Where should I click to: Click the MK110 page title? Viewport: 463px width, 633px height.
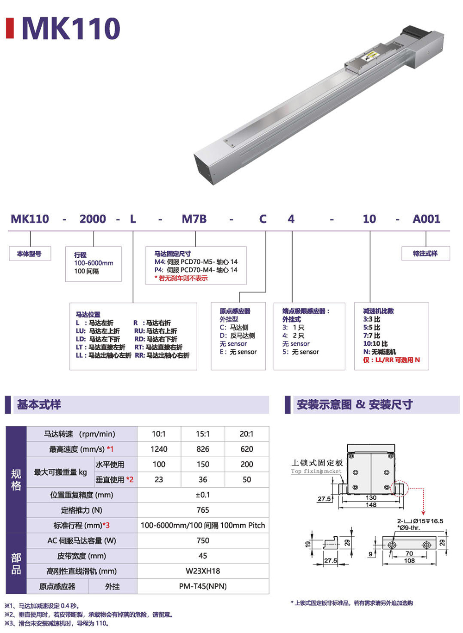tap(71, 28)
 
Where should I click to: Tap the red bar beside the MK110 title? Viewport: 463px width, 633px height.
tap(10, 28)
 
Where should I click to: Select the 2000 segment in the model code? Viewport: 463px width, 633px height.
tap(93, 219)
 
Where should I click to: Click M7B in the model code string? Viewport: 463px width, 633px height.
tap(194, 219)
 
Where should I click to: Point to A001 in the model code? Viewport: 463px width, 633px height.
tap(426, 219)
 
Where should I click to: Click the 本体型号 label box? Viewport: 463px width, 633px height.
tap(30, 254)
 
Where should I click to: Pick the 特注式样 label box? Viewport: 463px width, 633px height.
tap(425, 254)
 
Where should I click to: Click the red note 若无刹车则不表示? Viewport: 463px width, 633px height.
tap(181, 278)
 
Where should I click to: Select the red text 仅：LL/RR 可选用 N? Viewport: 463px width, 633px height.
tap(391, 360)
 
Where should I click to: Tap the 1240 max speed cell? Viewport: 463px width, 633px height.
tap(159, 449)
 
